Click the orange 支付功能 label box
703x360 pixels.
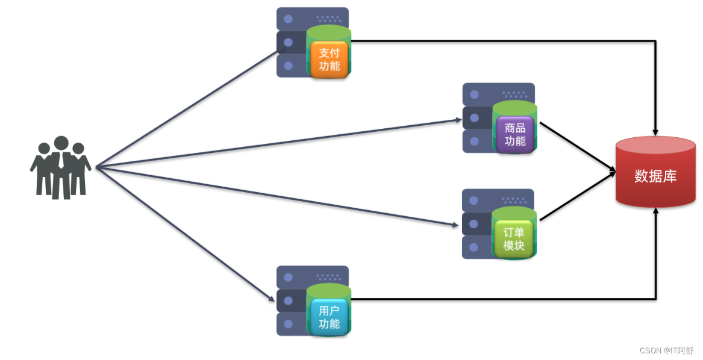pos(329,60)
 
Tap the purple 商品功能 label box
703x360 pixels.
pos(514,134)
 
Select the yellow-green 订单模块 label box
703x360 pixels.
pos(514,239)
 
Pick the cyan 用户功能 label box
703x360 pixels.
pos(329,317)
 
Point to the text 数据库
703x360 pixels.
pos(655,176)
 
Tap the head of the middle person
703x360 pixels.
pos(61,143)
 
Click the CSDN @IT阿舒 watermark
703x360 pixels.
pos(666,350)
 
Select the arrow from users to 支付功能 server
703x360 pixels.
pos(187,108)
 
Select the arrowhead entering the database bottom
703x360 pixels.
pos(655,211)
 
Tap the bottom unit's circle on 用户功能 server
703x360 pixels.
pos(289,324)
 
